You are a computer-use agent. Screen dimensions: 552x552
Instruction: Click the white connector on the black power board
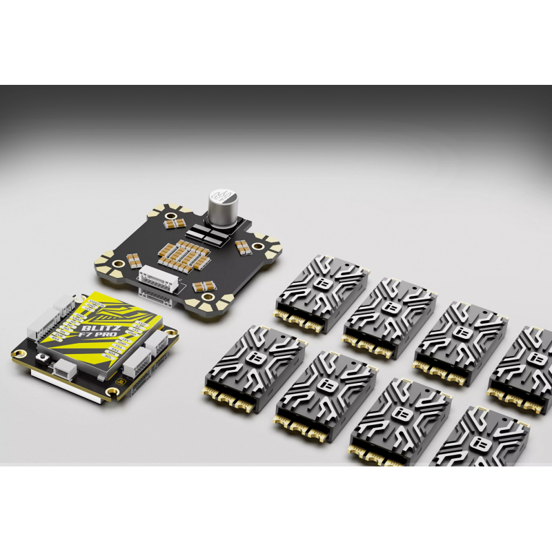159,278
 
